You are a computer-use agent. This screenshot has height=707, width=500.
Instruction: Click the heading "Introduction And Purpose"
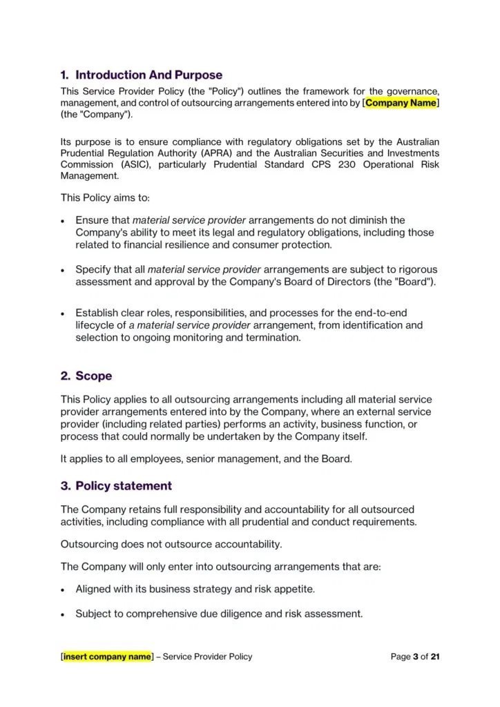[x=148, y=75]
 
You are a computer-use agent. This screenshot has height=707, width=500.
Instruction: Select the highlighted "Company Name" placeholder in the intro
[x=401, y=103]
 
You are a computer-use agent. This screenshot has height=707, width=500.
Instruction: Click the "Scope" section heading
[x=93, y=376]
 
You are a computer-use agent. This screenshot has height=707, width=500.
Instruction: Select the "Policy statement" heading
[x=124, y=486]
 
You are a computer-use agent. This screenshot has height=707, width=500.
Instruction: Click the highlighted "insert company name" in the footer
[x=107, y=657]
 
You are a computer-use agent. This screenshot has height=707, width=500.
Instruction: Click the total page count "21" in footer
[x=434, y=657]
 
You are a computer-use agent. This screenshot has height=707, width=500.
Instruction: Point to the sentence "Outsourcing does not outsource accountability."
[x=171, y=544]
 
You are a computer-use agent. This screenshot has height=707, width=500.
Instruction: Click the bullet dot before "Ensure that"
[x=64, y=222]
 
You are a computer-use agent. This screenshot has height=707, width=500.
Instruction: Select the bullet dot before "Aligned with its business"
[x=64, y=590]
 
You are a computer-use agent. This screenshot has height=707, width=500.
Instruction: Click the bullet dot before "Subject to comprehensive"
[x=64, y=614]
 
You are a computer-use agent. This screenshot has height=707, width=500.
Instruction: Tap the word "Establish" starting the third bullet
[x=97, y=313]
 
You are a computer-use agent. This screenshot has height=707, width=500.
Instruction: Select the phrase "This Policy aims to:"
[x=105, y=197]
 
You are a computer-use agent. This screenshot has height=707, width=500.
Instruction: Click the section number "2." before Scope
[x=66, y=376]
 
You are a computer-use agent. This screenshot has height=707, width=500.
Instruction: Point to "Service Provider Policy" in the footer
[x=207, y=657]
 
